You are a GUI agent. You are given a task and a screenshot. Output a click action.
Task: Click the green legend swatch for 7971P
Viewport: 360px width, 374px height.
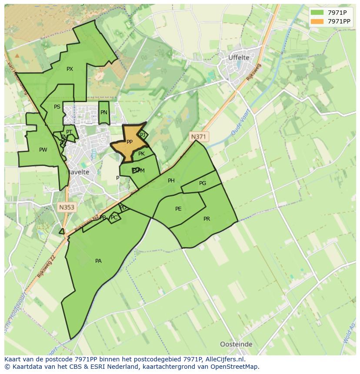tap(317, 12)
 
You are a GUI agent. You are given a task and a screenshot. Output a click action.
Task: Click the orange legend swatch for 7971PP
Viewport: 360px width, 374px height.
tap(317, 21)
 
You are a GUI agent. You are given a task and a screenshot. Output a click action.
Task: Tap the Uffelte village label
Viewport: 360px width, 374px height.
tap(239, 57)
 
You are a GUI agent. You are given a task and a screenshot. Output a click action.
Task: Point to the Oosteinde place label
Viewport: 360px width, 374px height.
tap(236, 344)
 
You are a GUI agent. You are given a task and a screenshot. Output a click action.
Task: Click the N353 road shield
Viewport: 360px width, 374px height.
tap(67, 207)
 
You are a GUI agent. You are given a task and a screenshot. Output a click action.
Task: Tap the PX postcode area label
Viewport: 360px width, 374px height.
tap(70, 69)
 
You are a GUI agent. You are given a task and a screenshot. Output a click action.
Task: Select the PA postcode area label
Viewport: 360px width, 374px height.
tap(98, 261)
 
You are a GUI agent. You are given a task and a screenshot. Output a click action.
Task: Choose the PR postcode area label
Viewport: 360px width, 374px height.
tap(207, 219)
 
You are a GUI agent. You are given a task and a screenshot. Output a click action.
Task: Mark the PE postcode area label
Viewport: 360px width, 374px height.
tap(178, 209)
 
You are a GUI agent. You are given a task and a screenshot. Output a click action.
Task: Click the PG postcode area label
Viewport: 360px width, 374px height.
tap(203, 183)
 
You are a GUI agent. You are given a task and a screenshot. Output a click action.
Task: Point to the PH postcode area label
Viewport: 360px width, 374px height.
tap(171, 181)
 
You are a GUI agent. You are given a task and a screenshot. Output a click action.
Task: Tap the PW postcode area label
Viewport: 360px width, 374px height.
tap(43, 150)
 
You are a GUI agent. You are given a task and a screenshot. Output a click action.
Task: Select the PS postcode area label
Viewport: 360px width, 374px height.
tap(57, 107)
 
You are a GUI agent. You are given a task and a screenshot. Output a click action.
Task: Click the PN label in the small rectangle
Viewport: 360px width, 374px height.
tap(103, 113)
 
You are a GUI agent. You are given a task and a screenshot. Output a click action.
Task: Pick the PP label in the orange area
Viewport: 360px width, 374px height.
tap(129, 142)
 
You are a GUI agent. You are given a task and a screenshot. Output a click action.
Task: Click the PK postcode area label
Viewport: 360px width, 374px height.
tap(141, 154)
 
